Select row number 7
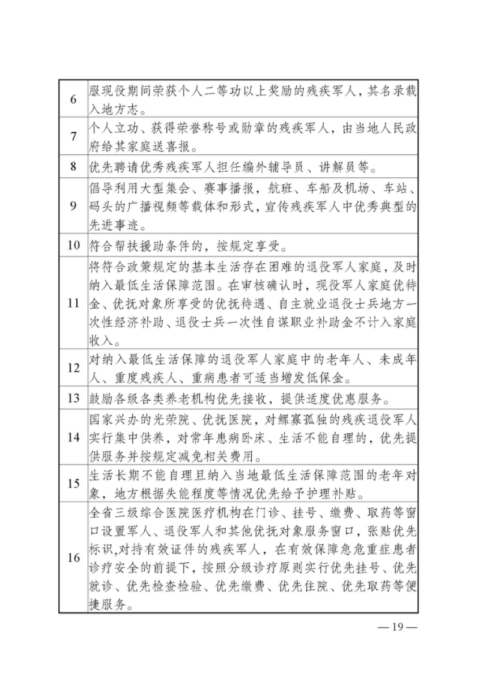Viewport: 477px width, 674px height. click(73, 136)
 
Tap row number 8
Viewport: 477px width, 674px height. click(73, 166)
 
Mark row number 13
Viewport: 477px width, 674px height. click(73, 398)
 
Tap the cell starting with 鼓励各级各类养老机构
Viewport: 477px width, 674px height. click(240, 398)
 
